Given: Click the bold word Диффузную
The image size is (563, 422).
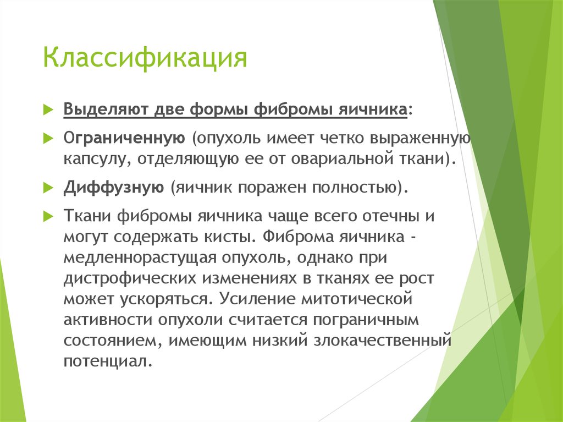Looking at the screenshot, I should [x=113, y=187].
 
